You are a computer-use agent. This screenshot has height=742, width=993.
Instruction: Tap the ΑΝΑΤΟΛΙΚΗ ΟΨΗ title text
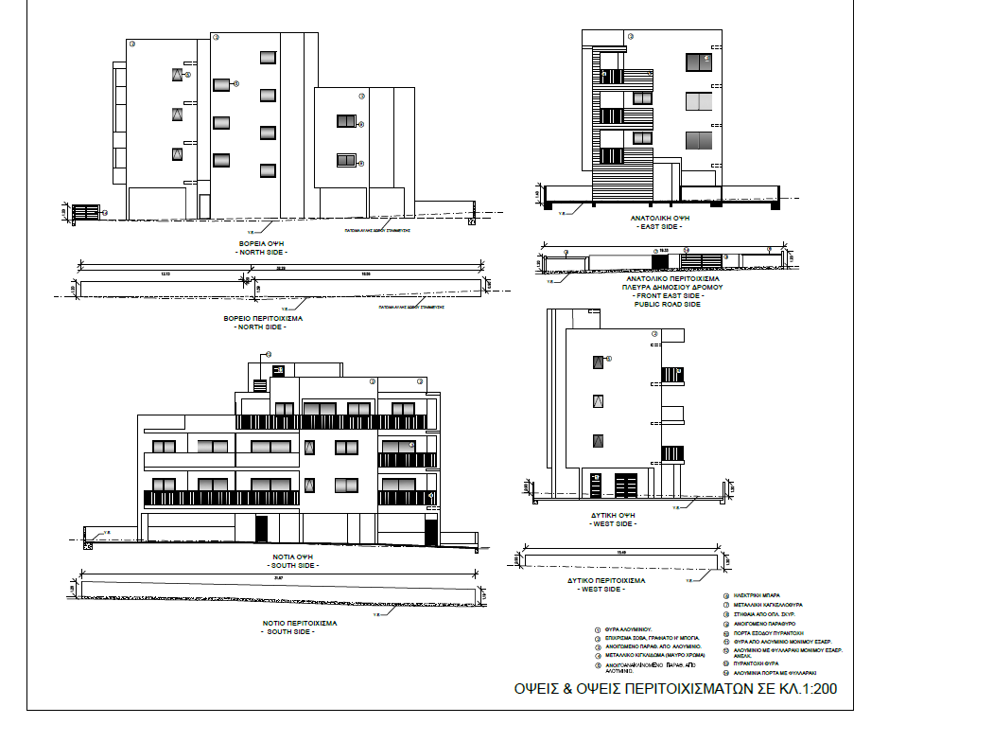[655, 218]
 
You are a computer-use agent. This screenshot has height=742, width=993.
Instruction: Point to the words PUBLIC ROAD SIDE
[667, 305]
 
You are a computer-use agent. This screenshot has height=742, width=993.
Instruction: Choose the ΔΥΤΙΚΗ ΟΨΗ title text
[616, 516]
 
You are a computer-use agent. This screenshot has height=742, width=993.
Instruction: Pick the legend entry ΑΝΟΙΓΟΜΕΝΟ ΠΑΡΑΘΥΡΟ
[758, 624]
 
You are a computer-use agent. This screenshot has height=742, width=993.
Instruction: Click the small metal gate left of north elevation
[86, 212]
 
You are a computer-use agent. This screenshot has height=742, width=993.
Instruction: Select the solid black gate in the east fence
[659, 259]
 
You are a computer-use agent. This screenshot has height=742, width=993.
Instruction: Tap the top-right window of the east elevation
[698, 62]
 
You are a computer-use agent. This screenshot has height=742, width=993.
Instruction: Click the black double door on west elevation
[626, 485]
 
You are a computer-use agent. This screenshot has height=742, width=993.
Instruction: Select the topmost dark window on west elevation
[598, 361]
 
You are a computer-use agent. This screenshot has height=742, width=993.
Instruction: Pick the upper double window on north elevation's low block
[346, 121]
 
